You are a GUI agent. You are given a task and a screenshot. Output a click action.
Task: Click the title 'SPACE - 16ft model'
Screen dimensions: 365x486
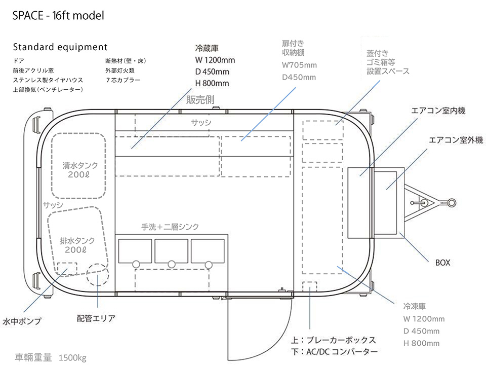coord(58,16)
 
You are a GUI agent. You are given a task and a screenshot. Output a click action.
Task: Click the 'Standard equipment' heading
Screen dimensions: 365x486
coord(60,47)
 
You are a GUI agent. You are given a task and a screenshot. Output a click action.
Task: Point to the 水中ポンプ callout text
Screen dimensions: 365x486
coord(22,321)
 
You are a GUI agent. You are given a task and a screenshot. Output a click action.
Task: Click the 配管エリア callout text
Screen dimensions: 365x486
coord(96,318)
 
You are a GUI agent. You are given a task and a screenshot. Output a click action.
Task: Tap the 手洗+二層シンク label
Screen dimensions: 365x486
coord(170,227)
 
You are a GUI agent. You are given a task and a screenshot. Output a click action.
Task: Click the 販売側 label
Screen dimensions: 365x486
coord(200,100)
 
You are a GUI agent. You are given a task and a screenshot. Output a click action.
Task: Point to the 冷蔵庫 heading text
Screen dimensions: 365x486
coord(207,49)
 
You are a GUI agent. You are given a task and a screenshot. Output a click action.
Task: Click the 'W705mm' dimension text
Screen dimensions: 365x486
coord(299,65)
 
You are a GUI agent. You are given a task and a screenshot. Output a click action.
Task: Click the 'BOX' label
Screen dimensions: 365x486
coord(442,263)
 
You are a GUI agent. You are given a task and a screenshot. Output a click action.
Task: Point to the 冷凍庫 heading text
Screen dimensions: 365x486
coord(414,306)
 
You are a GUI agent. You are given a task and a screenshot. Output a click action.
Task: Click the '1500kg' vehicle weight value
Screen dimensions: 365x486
coord(72,357)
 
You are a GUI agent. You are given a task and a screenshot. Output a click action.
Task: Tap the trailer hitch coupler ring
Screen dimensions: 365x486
coord(452,202)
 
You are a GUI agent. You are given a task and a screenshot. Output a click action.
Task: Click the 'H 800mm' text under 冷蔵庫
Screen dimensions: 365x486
coord(212,83)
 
